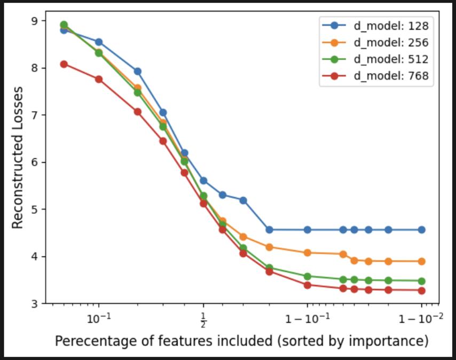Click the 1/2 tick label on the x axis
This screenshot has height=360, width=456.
click(x=203, y=322)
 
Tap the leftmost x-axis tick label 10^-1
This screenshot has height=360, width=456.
click(x=99, y=320)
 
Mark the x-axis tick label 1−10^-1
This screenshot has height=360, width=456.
click(x=308, y=320)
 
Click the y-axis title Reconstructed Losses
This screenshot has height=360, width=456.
click(x=18, y=158)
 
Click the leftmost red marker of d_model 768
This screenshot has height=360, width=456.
click(x=64, y=64)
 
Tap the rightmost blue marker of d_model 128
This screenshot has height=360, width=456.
click(x=421, y=230)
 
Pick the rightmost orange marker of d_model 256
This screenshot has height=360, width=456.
click(x=421, y=261)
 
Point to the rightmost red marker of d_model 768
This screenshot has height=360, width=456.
click(x=421, y=291)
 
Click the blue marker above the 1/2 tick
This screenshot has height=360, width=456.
click(x=203, y=181)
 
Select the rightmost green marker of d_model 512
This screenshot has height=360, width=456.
click(x=421, y=281)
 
